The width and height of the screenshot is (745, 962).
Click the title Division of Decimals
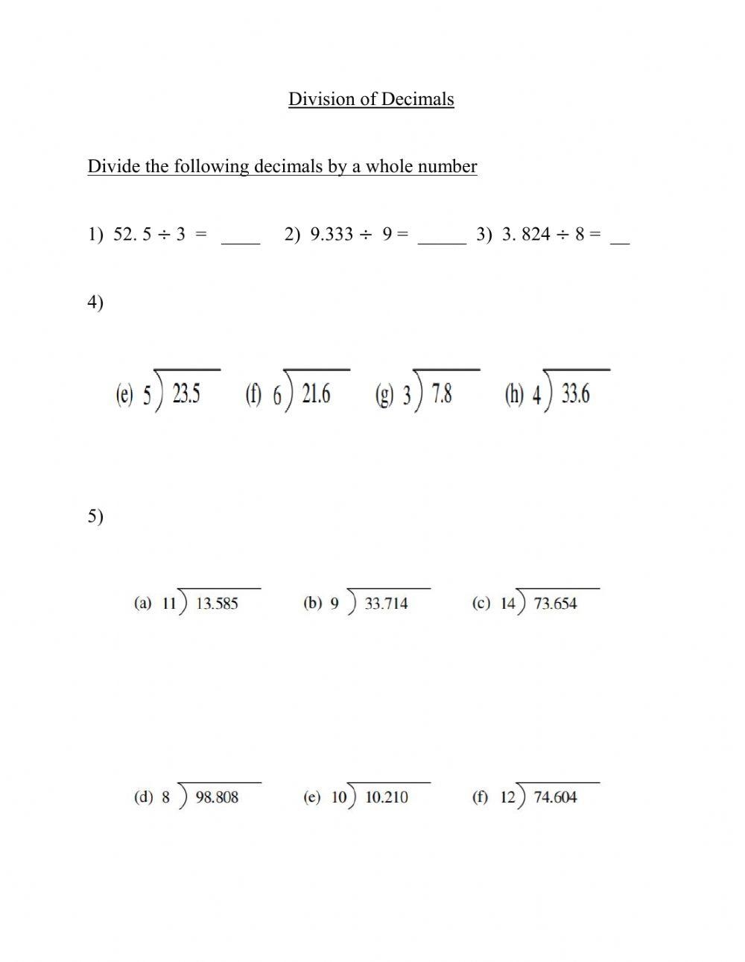click(371, 99)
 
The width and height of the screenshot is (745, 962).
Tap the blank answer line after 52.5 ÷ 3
click(241, 241)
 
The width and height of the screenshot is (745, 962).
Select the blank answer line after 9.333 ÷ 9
click(442, 241)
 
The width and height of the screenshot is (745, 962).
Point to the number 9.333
click(331, 234)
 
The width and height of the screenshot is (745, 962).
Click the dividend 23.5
click(186, 393)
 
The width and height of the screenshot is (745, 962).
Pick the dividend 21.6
click(316, 393)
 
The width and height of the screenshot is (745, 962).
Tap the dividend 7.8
click(442, 393)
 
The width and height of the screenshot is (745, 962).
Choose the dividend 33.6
click(575, 393)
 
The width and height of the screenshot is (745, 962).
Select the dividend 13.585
click(217, 604)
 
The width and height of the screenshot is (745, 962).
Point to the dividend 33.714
click(386, 604)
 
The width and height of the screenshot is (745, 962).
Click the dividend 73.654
click(555, 604)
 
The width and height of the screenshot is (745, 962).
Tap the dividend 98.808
click(217, 797)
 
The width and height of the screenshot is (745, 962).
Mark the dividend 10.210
click(387, 797)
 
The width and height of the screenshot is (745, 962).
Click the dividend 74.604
click(555, 797)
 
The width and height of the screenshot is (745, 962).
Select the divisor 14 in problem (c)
click(508, 604)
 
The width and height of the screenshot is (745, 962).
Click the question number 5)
click(95, 516)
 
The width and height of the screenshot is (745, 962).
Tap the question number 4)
click(95, 303)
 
